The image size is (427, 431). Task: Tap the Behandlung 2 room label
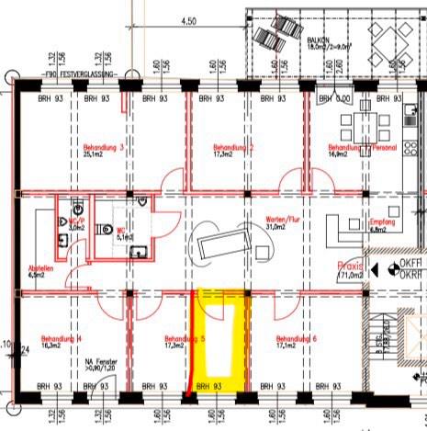click(233, 147)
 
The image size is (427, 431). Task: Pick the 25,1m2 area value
click(93, 154)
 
